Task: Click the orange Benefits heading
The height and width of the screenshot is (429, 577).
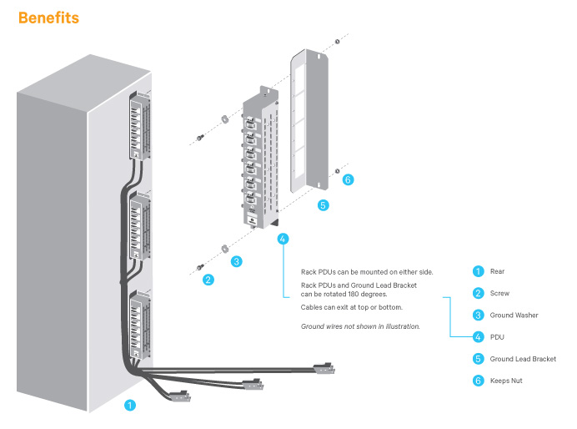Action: [x=48, y=17]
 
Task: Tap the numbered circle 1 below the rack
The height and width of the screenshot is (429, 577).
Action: [x=128, y=406]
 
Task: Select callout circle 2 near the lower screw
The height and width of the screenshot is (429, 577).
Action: [x=208, y=280]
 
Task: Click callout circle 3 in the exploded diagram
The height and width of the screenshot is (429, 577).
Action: [x=237, y=261]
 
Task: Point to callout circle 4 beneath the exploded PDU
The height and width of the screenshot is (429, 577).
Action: [x=283, y=239]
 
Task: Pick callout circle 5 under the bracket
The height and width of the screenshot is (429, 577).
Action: [x=324, y=204]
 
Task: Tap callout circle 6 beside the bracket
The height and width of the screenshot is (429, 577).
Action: [x=349, y=179]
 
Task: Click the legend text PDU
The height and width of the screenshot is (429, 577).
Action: [x=498, y=337]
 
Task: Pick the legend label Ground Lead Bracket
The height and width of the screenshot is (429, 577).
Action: [x=523, y=359]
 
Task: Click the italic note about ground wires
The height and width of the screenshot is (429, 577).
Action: [x=360, y=326]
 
